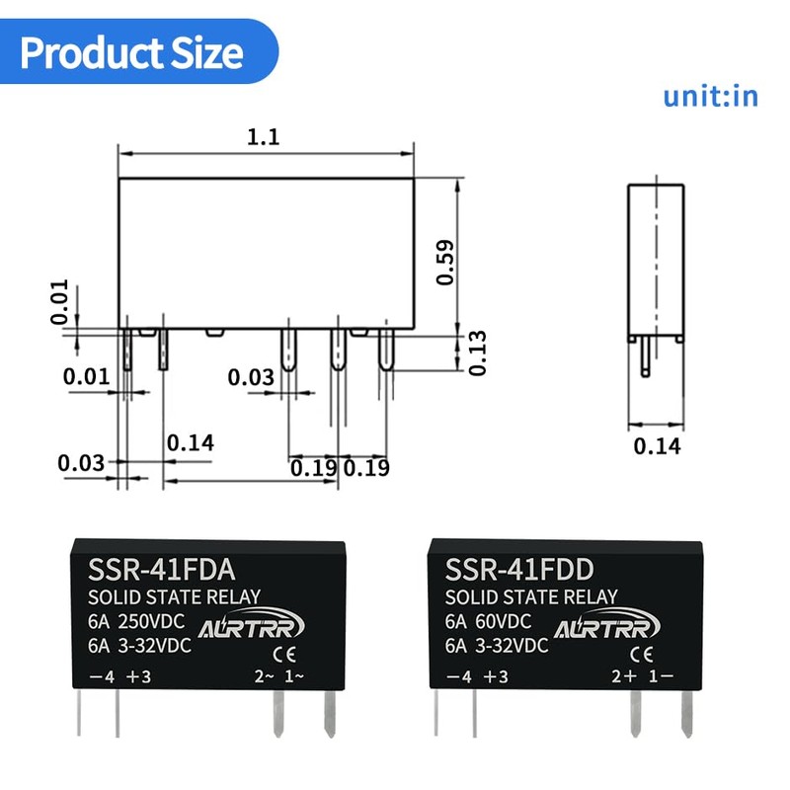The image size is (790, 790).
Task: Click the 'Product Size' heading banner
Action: tap(132, 51)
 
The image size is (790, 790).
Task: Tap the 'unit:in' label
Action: tap(710, 96)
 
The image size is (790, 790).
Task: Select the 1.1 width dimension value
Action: tap(264, 137)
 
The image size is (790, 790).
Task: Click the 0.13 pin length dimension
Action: tap(476, 353)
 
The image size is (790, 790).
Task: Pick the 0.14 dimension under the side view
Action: tap(657, 445)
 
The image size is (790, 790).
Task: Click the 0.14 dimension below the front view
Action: tap(190, 442)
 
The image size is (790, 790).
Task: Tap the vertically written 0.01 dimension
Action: tap(60, 302)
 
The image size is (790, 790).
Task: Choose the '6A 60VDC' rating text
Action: tap(488, 622)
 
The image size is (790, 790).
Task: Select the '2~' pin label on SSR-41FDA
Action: tap(264, 676)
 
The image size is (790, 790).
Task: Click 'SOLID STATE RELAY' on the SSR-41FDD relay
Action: tap(531, 597)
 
